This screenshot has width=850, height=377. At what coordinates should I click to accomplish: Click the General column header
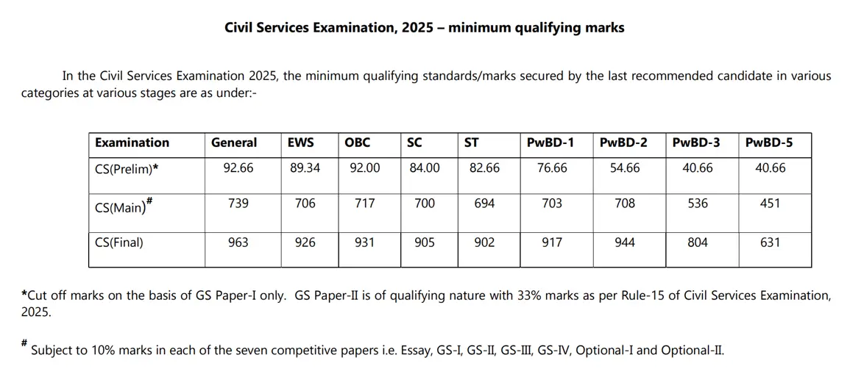pos(234,143)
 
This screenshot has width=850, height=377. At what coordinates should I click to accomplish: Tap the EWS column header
pos(301,143)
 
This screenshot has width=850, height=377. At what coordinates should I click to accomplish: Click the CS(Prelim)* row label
pos(127,168)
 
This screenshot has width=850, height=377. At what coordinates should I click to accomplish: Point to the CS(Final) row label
pos(119,242)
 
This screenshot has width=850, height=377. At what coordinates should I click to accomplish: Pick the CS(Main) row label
pos(123,206)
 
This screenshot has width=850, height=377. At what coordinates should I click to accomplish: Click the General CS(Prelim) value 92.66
pos(238,168)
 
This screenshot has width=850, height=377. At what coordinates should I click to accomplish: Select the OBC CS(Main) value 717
pos(364,204)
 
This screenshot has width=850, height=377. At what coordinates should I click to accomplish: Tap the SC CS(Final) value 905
pos(425,242)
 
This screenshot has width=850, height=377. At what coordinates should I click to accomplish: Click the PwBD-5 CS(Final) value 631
pos(770,242)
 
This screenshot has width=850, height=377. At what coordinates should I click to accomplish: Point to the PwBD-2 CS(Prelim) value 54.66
pos(625,168)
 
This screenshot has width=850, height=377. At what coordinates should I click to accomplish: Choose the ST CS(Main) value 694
pos(484,204)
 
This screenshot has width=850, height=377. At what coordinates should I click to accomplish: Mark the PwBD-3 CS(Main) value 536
pos(698,204)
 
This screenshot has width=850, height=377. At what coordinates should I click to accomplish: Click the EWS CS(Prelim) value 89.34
pos(305,168)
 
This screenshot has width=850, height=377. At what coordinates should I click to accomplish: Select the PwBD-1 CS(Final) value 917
pos(552,242)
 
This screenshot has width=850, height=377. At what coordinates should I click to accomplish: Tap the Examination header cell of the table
pos(132,143)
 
